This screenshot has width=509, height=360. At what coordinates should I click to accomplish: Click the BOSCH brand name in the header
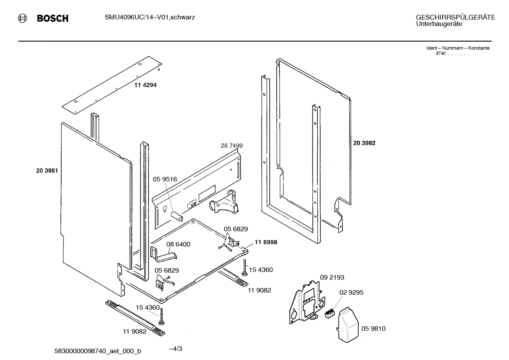53,19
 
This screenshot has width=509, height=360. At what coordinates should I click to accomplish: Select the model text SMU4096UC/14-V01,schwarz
150,17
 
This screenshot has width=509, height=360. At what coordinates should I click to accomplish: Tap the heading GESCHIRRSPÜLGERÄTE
455,17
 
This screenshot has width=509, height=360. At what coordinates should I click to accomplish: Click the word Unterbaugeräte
439,24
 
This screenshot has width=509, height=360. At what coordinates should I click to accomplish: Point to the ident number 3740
441,53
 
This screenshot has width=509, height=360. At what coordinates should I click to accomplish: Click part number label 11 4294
145,85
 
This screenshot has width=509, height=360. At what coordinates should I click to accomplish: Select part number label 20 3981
47,171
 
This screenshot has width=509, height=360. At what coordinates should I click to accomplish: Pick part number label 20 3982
364,143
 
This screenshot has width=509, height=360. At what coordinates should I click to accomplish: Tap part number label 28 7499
232,146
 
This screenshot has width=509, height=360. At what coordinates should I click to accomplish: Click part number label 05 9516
165,179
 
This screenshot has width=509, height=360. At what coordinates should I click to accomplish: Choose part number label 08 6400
178,244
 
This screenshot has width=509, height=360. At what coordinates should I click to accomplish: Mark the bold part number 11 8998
266,242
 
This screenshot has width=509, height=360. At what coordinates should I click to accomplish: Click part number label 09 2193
332,277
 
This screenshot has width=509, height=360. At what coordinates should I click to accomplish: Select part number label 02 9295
351,293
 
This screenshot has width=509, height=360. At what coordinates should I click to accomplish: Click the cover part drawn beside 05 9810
348,325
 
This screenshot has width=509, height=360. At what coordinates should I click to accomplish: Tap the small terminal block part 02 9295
329,313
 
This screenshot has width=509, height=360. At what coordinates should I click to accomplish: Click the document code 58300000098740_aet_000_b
98,351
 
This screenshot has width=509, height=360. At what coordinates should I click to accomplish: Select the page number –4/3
175,349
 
